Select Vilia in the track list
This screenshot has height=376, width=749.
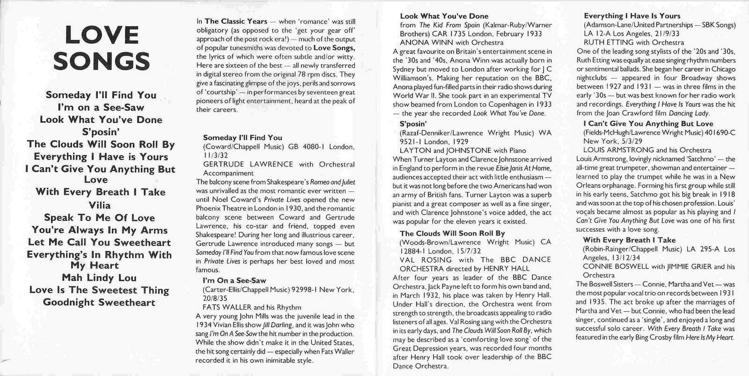click(x=100, y=205)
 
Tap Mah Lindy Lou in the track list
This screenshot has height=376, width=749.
click(x=100, y=278)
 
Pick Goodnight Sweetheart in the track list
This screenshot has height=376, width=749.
click(x=99, y=302)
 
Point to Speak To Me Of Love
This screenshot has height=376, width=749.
click(x=99, y=218)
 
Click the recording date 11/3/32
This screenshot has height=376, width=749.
click(x=216, y=155)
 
